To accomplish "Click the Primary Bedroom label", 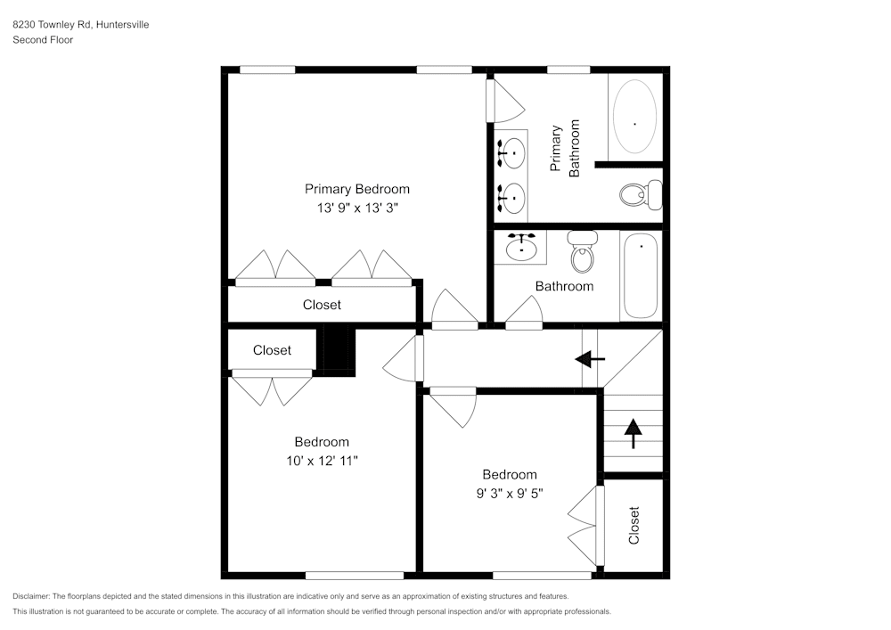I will click(x=357, y=189).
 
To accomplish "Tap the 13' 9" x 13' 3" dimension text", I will click(x=357, y=209).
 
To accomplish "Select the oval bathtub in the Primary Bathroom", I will click(x=634, y=117).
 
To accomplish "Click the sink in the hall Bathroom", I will click(x=521, y=247).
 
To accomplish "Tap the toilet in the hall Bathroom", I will click(x=583, y=252).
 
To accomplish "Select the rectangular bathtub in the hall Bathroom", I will click(x=640, y=275).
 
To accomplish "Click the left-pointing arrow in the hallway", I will click(x=590, y=359).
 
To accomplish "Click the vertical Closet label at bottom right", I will click(x=634, y=526).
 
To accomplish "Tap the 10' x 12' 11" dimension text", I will click(x=322, y=461).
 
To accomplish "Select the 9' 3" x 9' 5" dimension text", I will click(x=510, y=494).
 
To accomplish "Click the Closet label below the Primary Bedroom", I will click(x=322, y=305).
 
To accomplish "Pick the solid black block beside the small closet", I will click(x=338, y=348).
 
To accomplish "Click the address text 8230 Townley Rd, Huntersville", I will click(x=80, y=25).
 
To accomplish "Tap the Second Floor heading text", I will click(x=43, y=40).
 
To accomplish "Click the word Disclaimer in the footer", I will click(x=31, y=596).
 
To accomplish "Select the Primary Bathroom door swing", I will click(x=503, y=101).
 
